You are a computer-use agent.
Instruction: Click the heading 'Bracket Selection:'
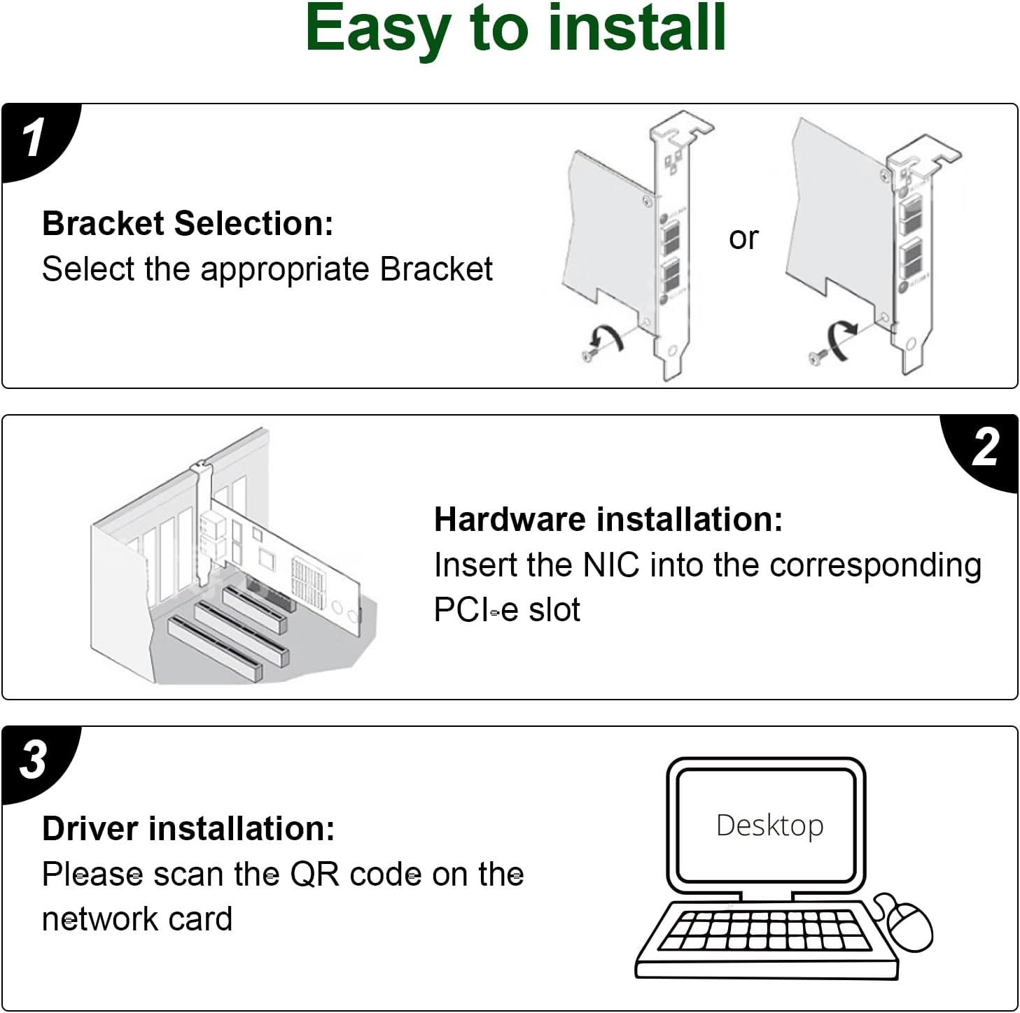pyautogui.click(x=188, y=223)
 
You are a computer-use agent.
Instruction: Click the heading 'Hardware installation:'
pyautogui.click(x=608, y=519)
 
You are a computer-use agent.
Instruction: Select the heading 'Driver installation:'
pyautogui.click(x=188, y=828)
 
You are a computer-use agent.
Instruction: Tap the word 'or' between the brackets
pyautogui.click(x=743, y=238)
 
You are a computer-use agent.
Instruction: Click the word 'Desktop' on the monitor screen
pyautogui.click(x=769, y=826)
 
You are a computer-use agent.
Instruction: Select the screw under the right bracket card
pyautogui.click(x=817, y=357)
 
